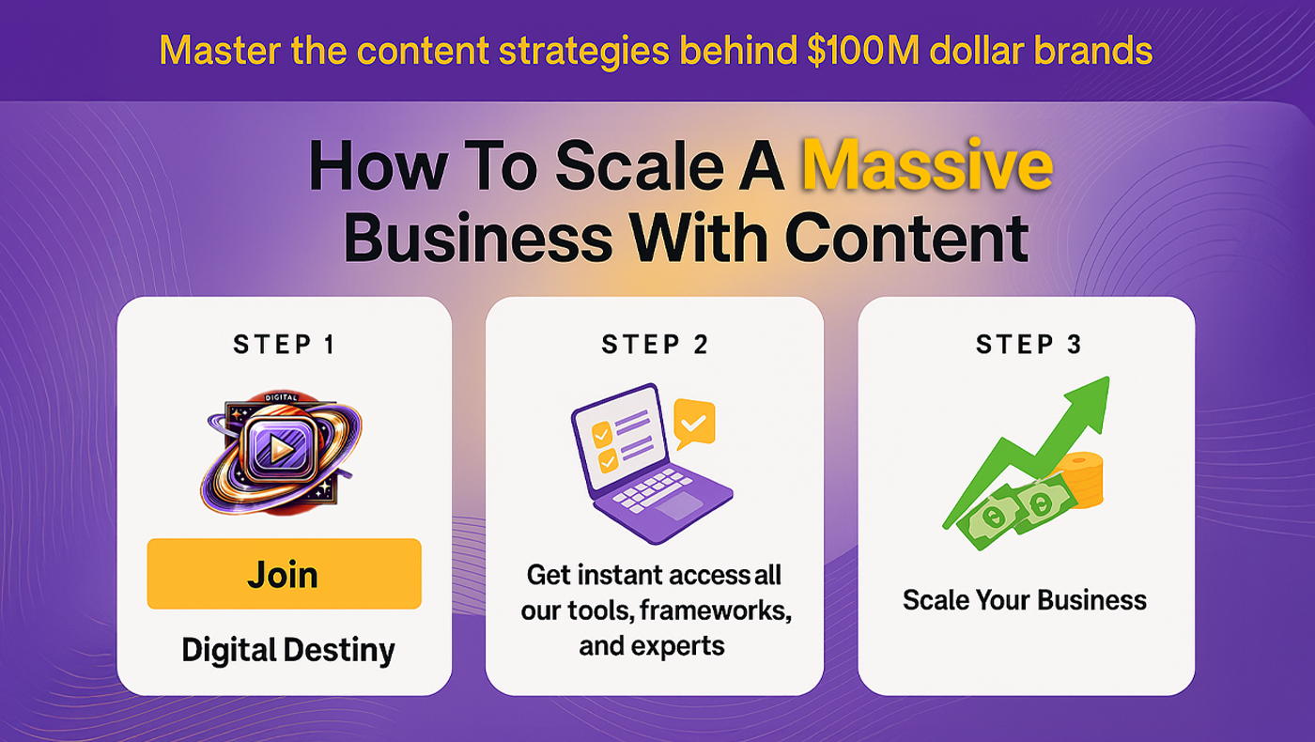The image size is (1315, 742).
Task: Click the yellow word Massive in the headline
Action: [x=928, y=165]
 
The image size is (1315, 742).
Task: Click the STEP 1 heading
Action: [x=284, y=344]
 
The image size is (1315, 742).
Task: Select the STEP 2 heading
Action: [x=655, y=344]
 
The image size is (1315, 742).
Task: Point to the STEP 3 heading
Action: [x=1029, y=344]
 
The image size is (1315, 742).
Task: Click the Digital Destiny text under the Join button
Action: [x=288, y=650]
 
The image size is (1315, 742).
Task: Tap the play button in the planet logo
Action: [x=281, y=450]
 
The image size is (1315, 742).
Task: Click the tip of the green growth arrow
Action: [x=1109, y=378]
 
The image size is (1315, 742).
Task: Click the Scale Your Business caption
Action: [x=1025, y=600]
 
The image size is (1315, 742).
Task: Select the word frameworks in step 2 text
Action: [x=716, y=611]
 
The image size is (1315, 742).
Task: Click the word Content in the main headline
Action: [x=906, y=239]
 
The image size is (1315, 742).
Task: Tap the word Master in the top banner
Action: [x=220, y=51]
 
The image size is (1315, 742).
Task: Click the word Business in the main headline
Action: [x=478, y=239]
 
